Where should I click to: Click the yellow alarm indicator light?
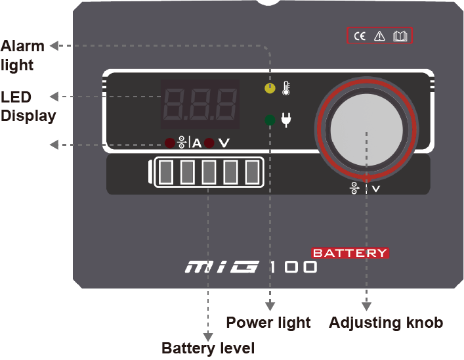(x=270, y=87)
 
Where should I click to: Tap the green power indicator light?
(x=270, y=120)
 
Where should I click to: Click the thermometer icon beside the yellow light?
(x=285, y=87)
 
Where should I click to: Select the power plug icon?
(x=285, y=120)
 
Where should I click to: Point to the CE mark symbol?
(x=360, y=37)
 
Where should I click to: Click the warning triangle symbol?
(x=379, y=37)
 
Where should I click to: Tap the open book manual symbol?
(x=399, y=37)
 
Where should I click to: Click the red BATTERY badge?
(x=350, y=253)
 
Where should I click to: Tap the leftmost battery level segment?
(x=166, y=172)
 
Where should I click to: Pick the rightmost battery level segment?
(x=251, y=172)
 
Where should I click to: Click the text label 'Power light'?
(x=268, y=323)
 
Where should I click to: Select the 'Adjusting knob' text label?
(x=385, y=323)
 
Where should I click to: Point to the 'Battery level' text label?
(x=207, y=348)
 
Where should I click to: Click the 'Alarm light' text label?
(x=22, y=56)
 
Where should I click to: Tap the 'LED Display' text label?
(x=28, y=106)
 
